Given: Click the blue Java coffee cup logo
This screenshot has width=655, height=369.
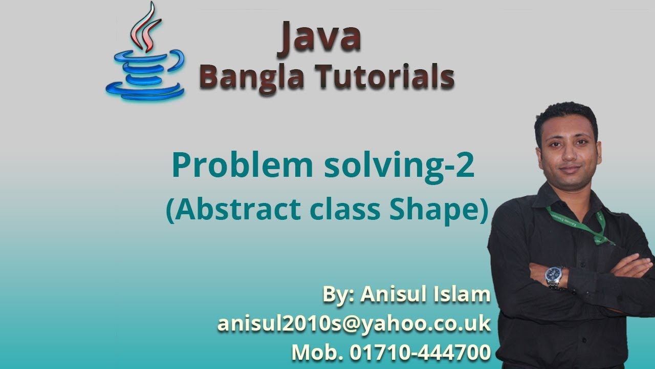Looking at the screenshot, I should [x=145, y=74].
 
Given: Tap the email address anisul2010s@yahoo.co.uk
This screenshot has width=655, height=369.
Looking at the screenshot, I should [x=354, y=324].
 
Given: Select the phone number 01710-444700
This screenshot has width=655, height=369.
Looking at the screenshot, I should [x=420, y=353].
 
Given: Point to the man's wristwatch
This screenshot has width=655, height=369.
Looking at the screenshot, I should [x=555, y=277].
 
